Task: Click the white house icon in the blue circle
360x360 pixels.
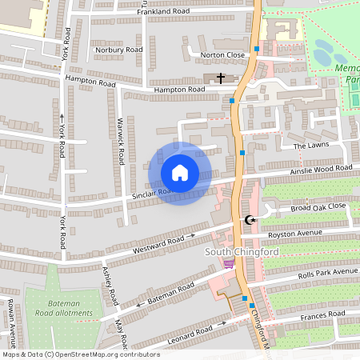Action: tap(180, 173)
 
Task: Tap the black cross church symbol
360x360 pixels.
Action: tap(220, 78)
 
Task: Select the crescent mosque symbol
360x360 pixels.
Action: tap(249, 220)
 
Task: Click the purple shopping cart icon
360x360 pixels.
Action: tap(230, 264)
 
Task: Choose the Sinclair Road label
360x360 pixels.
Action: tap(152, 193)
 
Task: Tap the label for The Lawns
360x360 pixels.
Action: tap(310, 146)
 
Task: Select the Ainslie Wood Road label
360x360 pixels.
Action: tap(322, 169)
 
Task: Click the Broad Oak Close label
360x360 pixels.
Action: tap(318, 206)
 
